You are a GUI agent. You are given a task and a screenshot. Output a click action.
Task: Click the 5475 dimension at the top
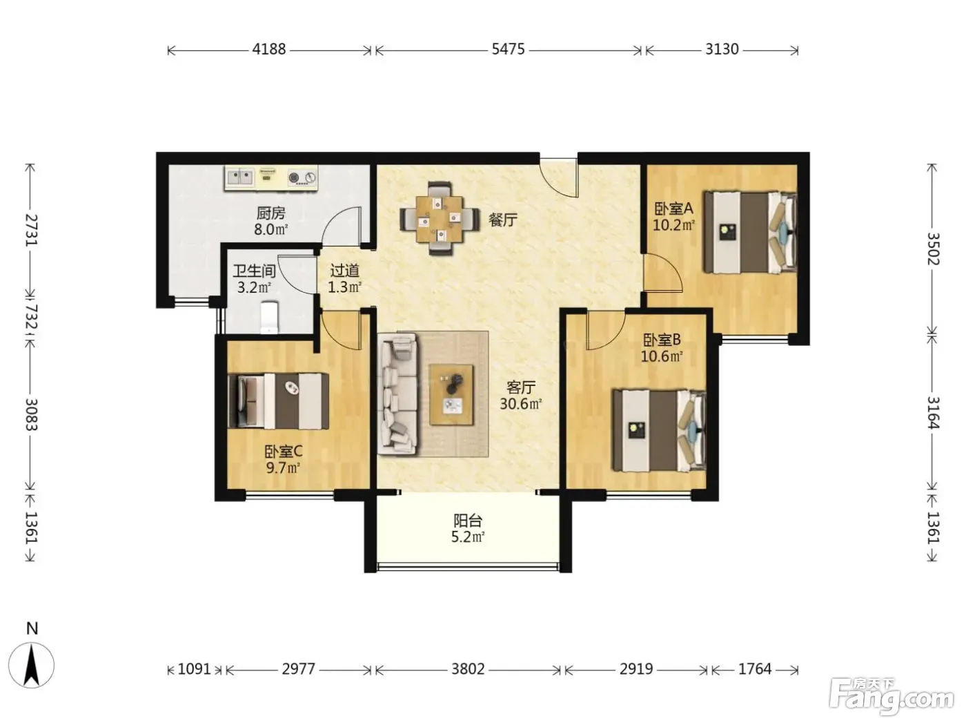coord(508,49)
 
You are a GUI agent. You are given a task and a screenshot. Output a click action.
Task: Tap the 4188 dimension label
coord(269,49)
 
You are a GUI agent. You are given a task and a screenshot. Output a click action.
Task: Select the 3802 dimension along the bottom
coord(468,670)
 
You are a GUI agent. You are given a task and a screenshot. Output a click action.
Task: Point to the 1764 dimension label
coord(755,670)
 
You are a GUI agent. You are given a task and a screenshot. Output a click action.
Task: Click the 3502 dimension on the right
coord(933,249)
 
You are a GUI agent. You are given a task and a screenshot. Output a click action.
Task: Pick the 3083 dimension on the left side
coord(31,414)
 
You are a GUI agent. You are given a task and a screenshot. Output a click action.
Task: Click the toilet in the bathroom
coord(269,318)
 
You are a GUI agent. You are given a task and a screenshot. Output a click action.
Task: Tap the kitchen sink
coord(240,177)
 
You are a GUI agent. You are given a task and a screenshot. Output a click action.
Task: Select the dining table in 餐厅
coord(440,219)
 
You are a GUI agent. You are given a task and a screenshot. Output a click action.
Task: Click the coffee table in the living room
coord(452,394)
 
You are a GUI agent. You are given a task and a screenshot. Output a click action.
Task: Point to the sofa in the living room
coord(398,393)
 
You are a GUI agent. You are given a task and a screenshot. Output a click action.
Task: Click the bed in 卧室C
coord(279,401)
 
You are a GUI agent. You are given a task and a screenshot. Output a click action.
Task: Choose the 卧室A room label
coord(673,209)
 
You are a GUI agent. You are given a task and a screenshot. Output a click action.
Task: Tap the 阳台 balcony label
coord(468,521)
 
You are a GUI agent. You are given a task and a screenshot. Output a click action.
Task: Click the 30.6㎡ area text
coord(521,404)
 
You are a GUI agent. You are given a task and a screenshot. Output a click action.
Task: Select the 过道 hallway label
coord(344,270)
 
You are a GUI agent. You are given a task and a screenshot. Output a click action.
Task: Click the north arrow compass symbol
coord(31,664)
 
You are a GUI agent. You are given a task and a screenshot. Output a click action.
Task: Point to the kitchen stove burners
coord(302,177)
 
